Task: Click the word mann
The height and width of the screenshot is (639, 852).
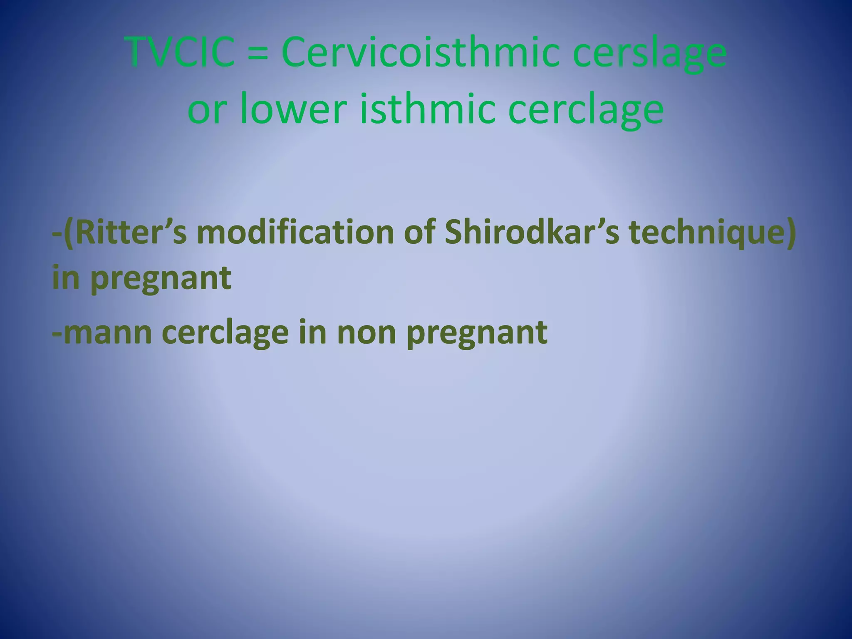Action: pos(108,333)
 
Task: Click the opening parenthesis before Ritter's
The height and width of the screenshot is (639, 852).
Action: pos(69,233)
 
